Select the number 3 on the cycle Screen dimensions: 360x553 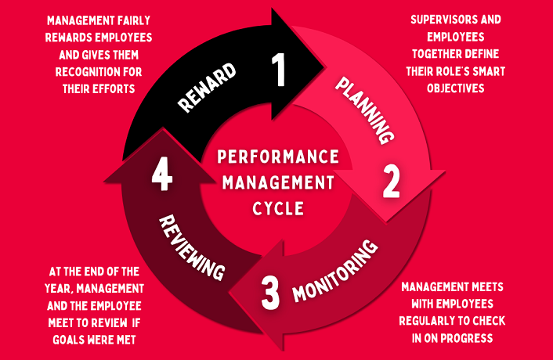pyautogui.click(x=269, y=291)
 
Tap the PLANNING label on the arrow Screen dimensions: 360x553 pyautogui.click(x=364, y=109)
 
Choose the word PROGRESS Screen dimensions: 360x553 pyautogui.click(x=472, y=338)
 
